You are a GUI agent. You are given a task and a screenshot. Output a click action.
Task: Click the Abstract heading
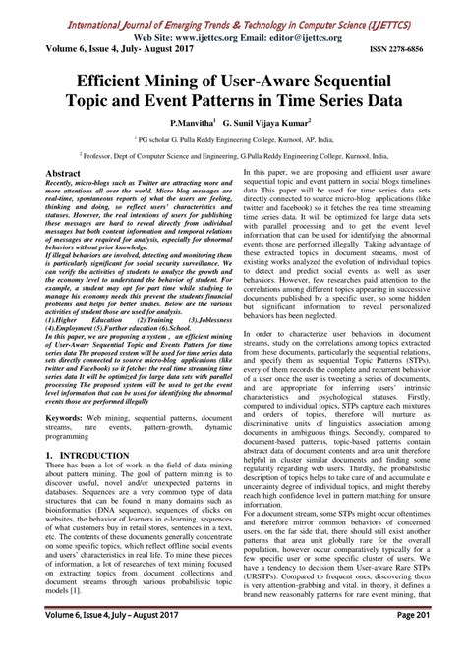point(63,172)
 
